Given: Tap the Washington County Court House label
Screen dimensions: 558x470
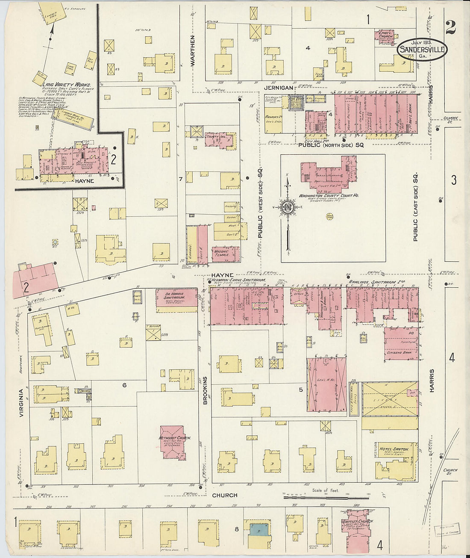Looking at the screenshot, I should (329, 195).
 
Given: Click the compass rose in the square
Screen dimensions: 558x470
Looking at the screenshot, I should (288, 208).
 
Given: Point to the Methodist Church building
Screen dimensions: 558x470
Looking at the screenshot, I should (173, 442).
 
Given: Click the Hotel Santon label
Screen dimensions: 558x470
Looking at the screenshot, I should (394, 449).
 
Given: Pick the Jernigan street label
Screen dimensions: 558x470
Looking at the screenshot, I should (278, 88).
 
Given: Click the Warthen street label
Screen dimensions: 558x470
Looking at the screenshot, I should (192, 51).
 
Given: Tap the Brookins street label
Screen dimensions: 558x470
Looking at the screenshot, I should (205, 390).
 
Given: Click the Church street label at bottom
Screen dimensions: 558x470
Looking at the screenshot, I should (224, 495).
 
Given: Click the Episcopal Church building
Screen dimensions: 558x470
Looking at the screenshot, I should (385, 37).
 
